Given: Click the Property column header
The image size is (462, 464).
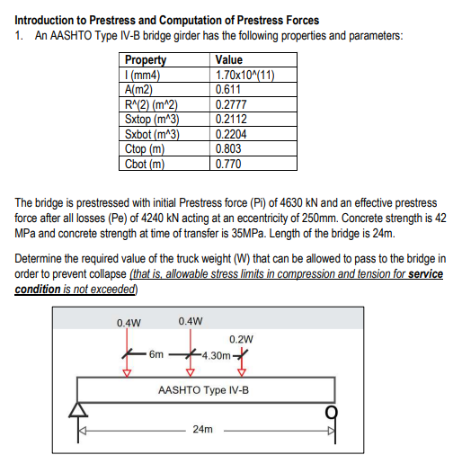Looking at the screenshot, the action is coord(145,60).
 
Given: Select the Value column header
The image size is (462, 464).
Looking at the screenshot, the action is coord(229,60).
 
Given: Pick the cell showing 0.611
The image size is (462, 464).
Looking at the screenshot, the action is coord(229,89).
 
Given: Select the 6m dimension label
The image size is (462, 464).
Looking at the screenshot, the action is coord(156,354).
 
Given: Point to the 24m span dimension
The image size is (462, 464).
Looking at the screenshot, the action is coord(203,431).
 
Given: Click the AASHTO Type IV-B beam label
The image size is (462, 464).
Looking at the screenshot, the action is coord(203,391).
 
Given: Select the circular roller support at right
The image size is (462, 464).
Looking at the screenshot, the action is coord(331,410).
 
